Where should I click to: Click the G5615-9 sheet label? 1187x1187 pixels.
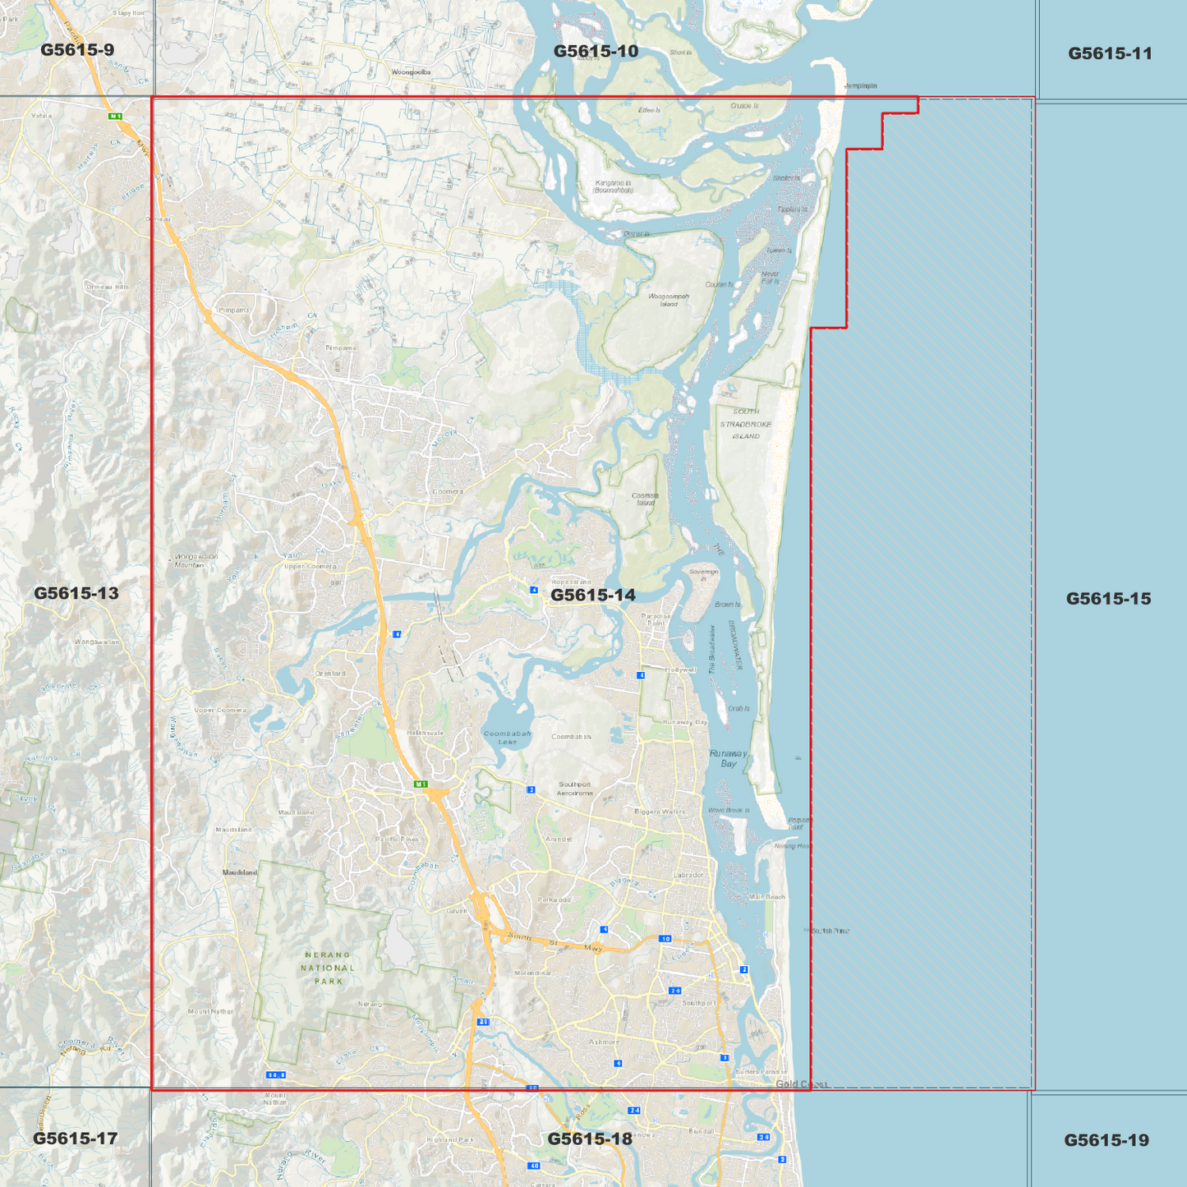pyautogui.click(x=77, y=50)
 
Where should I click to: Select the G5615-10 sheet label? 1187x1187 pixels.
pyautogui.click(x=596, y=51)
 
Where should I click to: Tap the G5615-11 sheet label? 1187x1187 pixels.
pyautogui.click(x=1110, y=53)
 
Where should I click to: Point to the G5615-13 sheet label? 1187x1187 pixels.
pyautogui.click(x=76, y=593)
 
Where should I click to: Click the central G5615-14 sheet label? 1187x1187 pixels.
pyautogui.click(x=593, y=595)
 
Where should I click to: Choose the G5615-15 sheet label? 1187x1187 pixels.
pyautogui.click(x=1108, y=599)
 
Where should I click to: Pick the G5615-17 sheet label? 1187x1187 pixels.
pyautogui.click(x=76, y=1139)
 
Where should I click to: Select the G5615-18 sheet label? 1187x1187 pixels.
pyautogui.click(x=590, y=1139)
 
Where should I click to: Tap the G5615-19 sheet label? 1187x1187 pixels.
pyautogui.click(x=1106, y=1140)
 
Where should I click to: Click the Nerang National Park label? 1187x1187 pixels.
pyautogui.click(x=328, y=968)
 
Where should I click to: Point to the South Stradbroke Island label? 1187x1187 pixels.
pyautogui.click(x=746, y=424)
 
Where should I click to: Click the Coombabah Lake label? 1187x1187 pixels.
pyautogui.click(x=507, y=738)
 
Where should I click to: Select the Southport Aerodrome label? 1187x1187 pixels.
pyautogui.click(x=574, y=789)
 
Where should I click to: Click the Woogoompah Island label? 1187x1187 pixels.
pyautogui.click(x=669, y=300)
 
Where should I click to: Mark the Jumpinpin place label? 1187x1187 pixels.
pyautogui.click(x=860, y=85)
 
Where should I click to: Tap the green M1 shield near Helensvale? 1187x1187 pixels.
pyautogui.click(x=421, y=784)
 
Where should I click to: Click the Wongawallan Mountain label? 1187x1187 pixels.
pyautogui.click(x=196, y=560)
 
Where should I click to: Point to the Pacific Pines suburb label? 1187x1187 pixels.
pyautogui.click(x=397, y=839)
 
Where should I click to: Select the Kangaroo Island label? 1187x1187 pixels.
pyautogui.click(x=613, y=186)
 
